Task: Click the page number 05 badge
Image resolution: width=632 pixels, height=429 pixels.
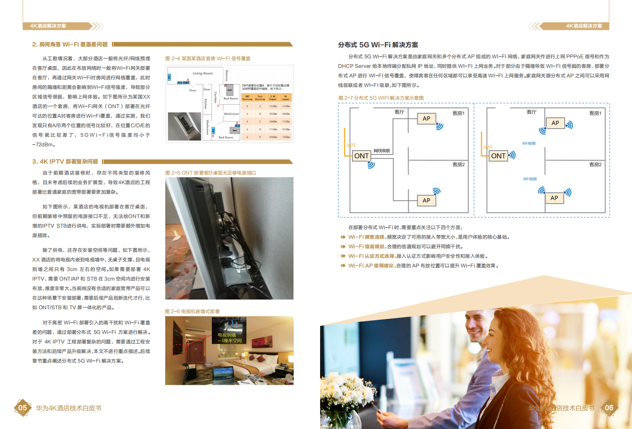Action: point(23,407)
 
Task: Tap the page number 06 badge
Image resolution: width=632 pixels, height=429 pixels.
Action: point(609,407)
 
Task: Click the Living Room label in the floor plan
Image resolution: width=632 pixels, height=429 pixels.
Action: point(203,73)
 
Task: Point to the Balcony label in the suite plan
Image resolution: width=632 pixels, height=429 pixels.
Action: point(227,76)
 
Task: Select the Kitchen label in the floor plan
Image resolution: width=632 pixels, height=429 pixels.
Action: point(205,104)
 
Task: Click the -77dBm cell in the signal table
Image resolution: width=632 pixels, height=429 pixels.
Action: point(273,129)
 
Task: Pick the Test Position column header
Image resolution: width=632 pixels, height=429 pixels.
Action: point(260,98)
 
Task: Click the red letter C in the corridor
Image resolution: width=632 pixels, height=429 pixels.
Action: point(218,106)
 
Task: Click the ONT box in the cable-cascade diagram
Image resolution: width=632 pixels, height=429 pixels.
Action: point(362,156)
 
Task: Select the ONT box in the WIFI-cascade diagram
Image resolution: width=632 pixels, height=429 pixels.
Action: point(498,156)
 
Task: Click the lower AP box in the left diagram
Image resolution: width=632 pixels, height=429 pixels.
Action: point(427,200)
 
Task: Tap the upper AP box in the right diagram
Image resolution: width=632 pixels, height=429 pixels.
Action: point(555,123)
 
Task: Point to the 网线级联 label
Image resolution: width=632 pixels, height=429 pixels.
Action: point(382,151)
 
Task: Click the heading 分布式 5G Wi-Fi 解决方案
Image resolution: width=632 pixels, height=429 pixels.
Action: point(378,45)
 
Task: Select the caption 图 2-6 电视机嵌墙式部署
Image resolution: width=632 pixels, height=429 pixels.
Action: point(192,311)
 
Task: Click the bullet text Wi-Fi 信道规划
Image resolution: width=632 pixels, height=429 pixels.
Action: point(367,247)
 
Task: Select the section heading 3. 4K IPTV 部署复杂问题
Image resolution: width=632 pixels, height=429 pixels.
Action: point(65,161)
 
